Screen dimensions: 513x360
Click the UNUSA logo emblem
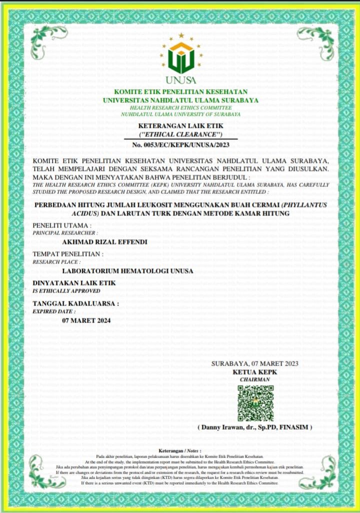(x=180, y=56)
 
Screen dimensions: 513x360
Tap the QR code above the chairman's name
(x=255, y=403)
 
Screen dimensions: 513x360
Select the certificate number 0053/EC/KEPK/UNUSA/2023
(x=180, y=144)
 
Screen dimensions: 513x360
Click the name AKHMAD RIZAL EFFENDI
(x=104, y=242)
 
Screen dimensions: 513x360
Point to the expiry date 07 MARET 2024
(x=86, y=320)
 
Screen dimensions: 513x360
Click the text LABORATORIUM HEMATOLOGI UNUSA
(x=127, y=271)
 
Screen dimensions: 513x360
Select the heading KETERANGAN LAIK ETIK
(x=180, y=126)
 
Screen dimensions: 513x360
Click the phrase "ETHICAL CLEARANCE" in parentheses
(x=180, y=135)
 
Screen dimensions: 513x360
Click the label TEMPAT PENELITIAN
(x=67, y=254)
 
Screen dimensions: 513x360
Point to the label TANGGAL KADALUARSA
(x=75, y=303)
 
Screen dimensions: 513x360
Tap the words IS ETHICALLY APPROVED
(x=63, y=290)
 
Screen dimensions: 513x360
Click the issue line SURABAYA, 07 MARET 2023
(x=254, y=363)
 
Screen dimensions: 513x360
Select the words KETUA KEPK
(x=254, y=372)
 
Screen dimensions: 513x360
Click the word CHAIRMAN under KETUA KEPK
(x=254, y=380)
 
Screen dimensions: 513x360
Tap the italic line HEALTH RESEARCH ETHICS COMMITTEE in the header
(x=180, y=107)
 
